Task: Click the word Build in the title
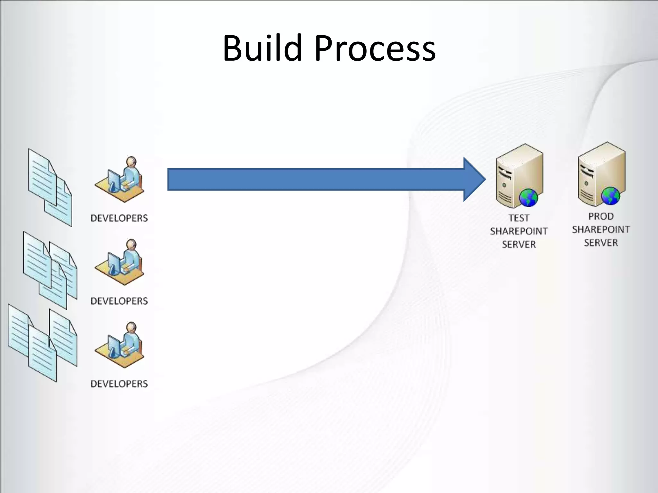click(x=262, y=48)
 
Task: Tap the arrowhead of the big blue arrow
click(x=474, y=179)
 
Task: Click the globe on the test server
click(x=528, y=198)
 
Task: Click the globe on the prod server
click(x=610, y=196)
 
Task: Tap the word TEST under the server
click(x=519, y=218)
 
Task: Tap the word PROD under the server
click(x=601, y=216)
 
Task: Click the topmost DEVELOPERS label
click(x=119, y=218)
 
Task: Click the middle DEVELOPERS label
click(x=119, y=301)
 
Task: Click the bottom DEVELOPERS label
click(x=119, y=384)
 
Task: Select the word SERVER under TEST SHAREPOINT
click(x=519, y=245)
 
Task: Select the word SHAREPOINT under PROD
click(x=601, y=229)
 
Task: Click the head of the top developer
click(x=131, y=161)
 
